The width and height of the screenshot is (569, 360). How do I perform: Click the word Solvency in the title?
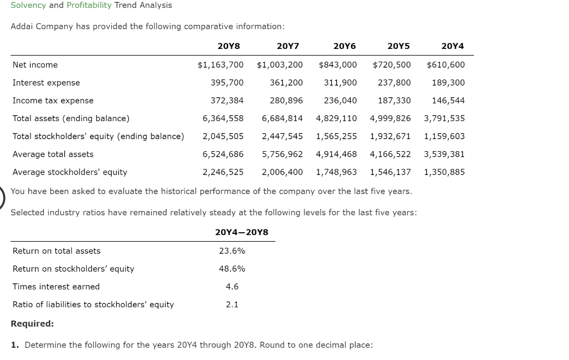pyautogui.click(x=28, y=5)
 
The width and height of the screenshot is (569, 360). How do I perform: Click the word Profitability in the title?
pyautogui.click(x=89, y=5)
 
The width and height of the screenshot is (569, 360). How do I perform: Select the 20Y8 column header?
pyautogui.click(x=229, y=46)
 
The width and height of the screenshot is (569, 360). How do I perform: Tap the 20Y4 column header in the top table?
pyautogui.click(x=452, y=46)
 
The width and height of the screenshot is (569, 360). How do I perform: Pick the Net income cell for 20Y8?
pyautogui.click(x=221, y=65)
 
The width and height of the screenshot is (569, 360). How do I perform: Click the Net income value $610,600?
pyautogui.click(x=446, y=65)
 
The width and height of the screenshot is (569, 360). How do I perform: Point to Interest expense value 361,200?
pyautogui.click(x=286, y=83)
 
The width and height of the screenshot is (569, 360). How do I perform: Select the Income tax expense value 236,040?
pyautogui.click(x=340, y=101)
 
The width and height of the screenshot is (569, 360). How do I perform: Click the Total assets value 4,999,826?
pyautogui.click(x=390, y=118)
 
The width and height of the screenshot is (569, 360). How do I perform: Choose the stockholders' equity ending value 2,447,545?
pyautogui.click(x=282, y=136)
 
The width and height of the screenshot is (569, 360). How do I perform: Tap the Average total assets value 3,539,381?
pyautogui.click(x=444, y=154)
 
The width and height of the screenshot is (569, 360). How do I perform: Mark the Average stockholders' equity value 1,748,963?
pyautogui.click(x=336, y=172)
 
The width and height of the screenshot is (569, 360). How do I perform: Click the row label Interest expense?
pyautogui.click(x=46, y=83)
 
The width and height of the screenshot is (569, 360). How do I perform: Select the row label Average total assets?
pyautogui.click(x=53, y=154)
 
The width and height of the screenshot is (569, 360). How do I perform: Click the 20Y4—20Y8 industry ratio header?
pyautogui.click(x=242, y=232)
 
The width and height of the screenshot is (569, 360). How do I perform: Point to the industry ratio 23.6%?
pyautogui.click(x=232, y=251)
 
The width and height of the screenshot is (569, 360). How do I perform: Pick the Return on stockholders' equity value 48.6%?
pyautogui.click(x=232, y=269)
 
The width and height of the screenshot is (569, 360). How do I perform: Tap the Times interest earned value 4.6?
pyautogui.click(x=232, y=287)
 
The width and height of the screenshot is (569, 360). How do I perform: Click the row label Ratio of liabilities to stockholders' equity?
pyautogui.click(x=93, y=304)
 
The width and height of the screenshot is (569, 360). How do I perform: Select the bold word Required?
pyautogui.click(x=32, y=323)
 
